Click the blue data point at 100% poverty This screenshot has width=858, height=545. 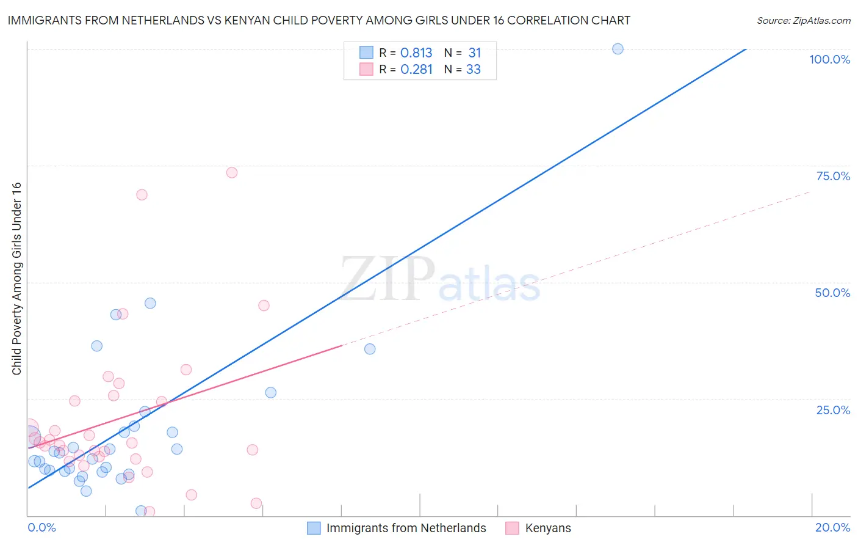pos(618,49)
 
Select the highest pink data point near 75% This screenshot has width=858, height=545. pos(232,172)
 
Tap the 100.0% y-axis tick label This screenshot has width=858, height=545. pos(829,59)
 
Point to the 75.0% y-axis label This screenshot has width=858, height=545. pos(833,176)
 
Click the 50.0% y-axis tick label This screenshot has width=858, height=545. pos(832,293)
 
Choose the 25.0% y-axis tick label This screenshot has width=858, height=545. pos(833,409)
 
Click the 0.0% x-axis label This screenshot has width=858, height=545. pos(41,527)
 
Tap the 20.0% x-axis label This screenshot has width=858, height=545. pos(832,527)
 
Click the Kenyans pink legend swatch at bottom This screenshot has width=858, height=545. pos(512,528)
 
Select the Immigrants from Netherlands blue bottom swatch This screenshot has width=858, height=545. pos(314,528)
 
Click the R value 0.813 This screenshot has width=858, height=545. pos(416,53)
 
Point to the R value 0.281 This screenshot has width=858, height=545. pos(416,70)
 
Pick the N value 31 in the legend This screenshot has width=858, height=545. pos(474,53)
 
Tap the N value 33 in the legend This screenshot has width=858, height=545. pos(474,70)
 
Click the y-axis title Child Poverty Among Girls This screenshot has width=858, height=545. pos(16,279)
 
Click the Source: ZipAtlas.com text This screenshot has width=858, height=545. pos(803,21)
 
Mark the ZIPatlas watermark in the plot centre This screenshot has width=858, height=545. pos(440,280)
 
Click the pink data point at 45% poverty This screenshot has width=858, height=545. pos(264,305)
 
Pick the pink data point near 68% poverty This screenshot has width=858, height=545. pos(142,195)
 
